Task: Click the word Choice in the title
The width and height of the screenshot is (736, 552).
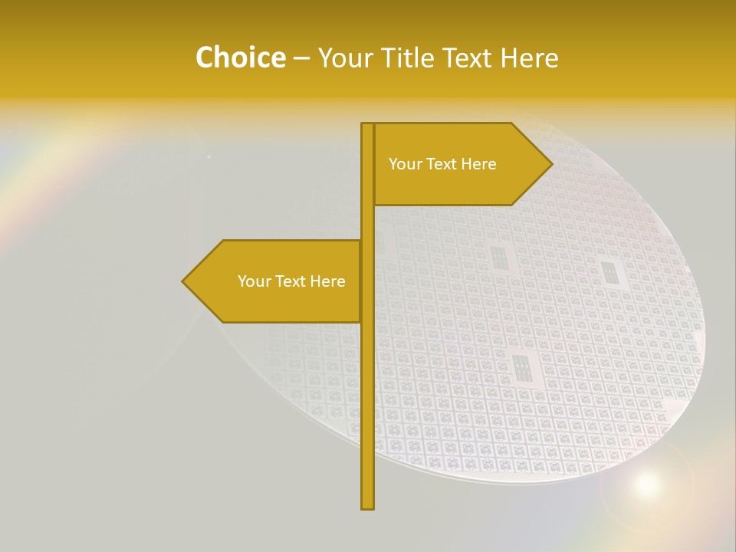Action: point(240,58)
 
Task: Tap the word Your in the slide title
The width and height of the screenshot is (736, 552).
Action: point(343,58)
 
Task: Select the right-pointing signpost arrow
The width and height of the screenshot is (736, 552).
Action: point(460,164)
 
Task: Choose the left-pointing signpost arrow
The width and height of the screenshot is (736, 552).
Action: point(276,281)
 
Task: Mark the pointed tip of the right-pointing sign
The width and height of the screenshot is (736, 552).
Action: point(550,164)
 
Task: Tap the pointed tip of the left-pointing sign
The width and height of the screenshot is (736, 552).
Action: point(184,281)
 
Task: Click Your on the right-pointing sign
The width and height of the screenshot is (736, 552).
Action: point(405,164)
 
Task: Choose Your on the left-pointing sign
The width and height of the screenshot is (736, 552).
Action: point(254,281)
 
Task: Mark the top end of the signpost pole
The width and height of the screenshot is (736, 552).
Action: point(367,125)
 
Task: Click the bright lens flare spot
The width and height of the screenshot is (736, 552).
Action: point(646,483)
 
